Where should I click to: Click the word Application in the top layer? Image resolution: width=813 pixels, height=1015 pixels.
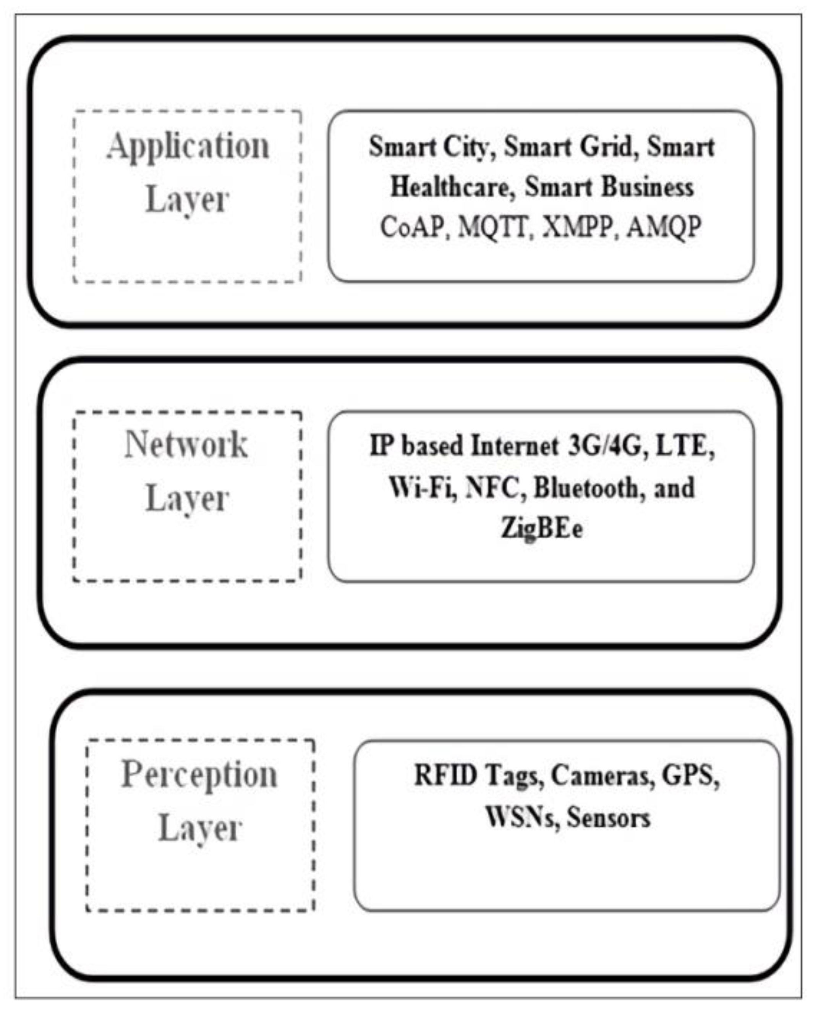(188, 147)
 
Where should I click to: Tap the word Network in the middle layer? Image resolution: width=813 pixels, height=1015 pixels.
(186, 445)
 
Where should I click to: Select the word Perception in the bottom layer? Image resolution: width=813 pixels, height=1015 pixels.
(199, 775)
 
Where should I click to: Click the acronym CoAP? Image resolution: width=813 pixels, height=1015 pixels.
(411, 227)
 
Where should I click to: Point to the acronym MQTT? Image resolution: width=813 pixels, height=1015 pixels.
(493, 227)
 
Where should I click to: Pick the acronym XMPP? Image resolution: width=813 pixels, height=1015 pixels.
(578, 227)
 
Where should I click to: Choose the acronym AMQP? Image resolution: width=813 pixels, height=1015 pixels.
(663, 227)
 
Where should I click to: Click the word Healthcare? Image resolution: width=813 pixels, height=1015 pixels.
(450, 187)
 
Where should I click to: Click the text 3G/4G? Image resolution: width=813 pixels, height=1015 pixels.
(604, 446)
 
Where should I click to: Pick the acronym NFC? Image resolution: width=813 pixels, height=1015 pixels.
(494, 487)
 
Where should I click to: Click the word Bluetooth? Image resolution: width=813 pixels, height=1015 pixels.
(586, 487)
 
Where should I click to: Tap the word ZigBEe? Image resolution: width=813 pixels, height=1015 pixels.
(541, 528)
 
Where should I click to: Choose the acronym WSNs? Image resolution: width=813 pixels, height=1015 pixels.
(521, 817)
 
